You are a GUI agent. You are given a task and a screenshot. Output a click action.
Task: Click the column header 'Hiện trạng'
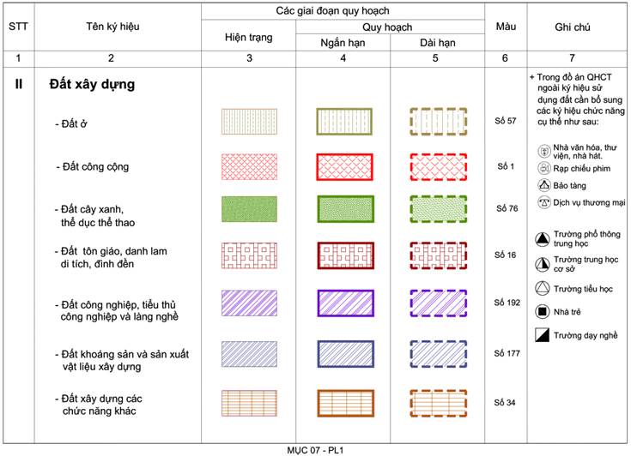click(x=249, y=38)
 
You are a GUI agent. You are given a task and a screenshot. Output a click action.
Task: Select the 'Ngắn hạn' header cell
click(x=343, y=43)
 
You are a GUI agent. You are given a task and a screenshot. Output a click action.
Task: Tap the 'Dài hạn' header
click(x=438, y=43)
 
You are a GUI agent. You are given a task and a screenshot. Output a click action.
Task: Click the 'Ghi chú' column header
click(x=573, y=27)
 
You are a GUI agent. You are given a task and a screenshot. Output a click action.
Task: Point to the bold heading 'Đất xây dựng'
click(x=92, y=84)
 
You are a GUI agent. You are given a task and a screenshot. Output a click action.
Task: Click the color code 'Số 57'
click(x=506, y=121)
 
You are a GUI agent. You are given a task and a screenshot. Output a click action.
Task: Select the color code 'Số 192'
click(x=507, y=303)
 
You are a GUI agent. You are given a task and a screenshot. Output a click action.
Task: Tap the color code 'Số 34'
click(x=505, y=402)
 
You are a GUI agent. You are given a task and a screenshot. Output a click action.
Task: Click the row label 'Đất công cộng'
click(x=93, y=167)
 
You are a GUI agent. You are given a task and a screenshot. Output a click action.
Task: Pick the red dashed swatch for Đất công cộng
click(x=438, y=167)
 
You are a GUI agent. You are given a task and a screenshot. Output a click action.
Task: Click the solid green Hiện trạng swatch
click(x=249, y=209)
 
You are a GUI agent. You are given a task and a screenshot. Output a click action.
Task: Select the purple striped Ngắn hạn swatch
click(x=346, y=303)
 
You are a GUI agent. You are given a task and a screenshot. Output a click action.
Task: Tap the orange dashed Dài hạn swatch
click(x=438, y=403)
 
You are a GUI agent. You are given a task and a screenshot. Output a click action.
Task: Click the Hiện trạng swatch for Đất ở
click(x=249, y=122)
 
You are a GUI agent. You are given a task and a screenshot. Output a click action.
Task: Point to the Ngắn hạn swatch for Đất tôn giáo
click(x=346, y=255)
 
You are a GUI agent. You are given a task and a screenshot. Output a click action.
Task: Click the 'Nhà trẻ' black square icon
click(x=543, y=311)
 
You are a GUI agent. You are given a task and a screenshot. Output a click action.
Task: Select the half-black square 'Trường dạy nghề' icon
click(x=542, y=334)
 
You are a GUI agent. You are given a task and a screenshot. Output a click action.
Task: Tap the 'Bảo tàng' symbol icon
click(x=544, y=185)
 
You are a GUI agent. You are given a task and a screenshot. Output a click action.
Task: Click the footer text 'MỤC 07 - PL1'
click(x=316, y=450)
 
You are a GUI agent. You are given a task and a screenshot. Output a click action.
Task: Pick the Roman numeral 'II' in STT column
click(x=19, y=84)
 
